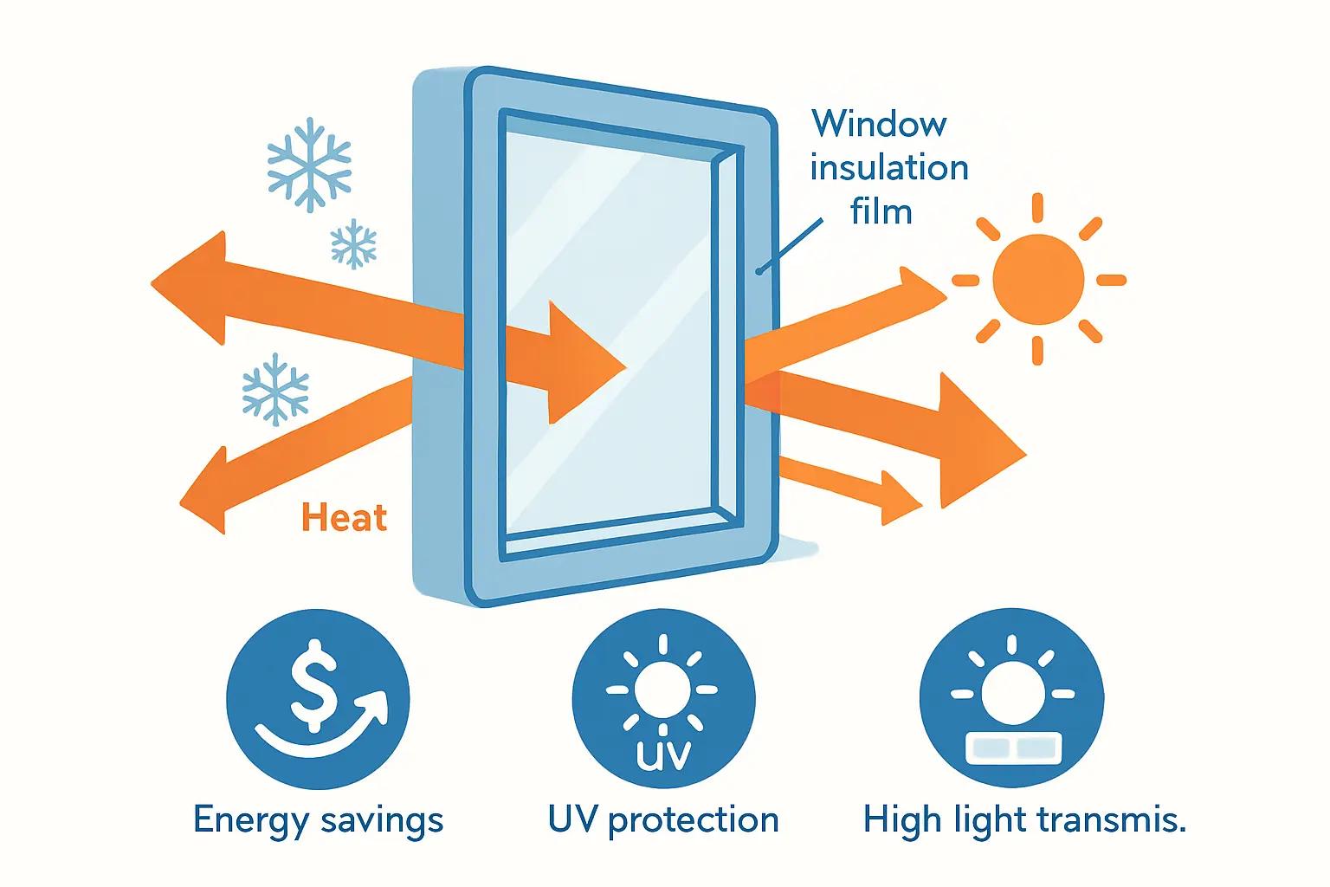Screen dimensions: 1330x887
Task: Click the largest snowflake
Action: pos(309,165)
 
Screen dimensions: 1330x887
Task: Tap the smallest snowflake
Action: pos(353,243)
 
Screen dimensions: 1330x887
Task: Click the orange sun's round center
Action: pos(1038,279)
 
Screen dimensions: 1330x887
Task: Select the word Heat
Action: pos(345,517)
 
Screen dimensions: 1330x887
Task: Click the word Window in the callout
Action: pos(880,124)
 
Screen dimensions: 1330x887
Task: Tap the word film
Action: pos(881,210)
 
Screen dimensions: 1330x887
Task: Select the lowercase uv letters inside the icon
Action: pos(663,754)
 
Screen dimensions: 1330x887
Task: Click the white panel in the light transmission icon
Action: pos(1013,748)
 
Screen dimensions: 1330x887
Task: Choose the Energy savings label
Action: pos(319,821)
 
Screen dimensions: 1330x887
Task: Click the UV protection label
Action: pos(663,820)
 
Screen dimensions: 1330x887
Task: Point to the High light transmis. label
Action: pos(1025,820)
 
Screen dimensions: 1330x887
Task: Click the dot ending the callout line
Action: pos(759,271)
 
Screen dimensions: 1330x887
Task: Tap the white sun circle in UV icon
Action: pos(662,690)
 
